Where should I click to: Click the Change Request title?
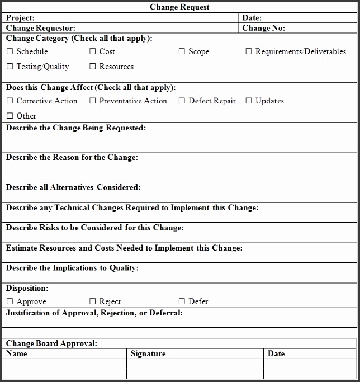tap(179, 7)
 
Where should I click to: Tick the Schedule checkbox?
tap(10, 52)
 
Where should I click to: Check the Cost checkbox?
tap(92, 52)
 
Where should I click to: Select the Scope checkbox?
tap(182, 52)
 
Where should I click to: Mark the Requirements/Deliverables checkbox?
tap(249, 52)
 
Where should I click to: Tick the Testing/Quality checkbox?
tap(10, 67)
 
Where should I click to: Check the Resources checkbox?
tap(92, 67)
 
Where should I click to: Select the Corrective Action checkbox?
tap(10, 101)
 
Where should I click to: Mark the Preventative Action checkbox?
tap(92, 101)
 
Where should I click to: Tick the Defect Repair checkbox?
tap(182, 101)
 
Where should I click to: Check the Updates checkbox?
tap(249, 101)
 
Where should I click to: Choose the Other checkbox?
tap(10, 116)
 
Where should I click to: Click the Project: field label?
tap(20, 18)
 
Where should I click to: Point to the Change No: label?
tap(263, 28)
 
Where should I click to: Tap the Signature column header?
tap(148, 353)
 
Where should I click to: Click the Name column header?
tap(16, 353)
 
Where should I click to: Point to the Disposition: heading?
tap(27, 289)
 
